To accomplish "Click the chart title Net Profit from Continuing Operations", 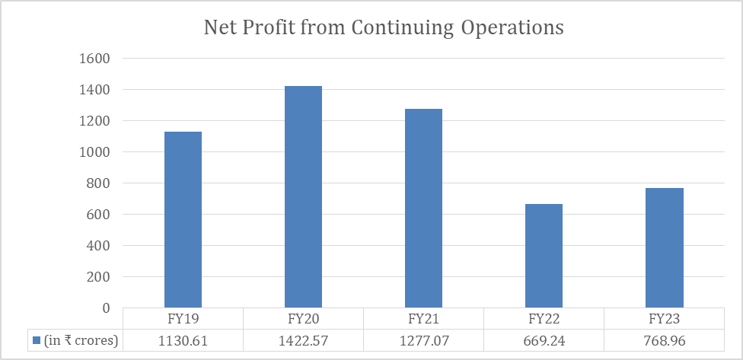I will [x=384, y=28].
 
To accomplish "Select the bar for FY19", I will [x=183, y=220].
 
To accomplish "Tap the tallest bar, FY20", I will [x=303, y=197].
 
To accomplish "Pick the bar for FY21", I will [x=423, y=209].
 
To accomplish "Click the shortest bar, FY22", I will [x=544, y=256].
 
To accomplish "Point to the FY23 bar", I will [x=664, y=248].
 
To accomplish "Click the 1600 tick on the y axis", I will [x=95, y=59].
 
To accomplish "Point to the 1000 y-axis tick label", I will [x=95, y=152].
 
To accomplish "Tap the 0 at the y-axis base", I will [x=107, y=308].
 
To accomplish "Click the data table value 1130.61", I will [x=183, y=340].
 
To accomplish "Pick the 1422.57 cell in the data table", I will [x=303, y=340].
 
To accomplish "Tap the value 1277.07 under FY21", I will [x=423, y=340].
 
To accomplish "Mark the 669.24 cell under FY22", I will [x=544, y=340].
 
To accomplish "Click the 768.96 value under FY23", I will [x=664, y=340].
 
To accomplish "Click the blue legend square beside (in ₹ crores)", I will [x=36, y=340].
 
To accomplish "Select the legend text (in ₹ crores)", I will [x=81, y=340].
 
